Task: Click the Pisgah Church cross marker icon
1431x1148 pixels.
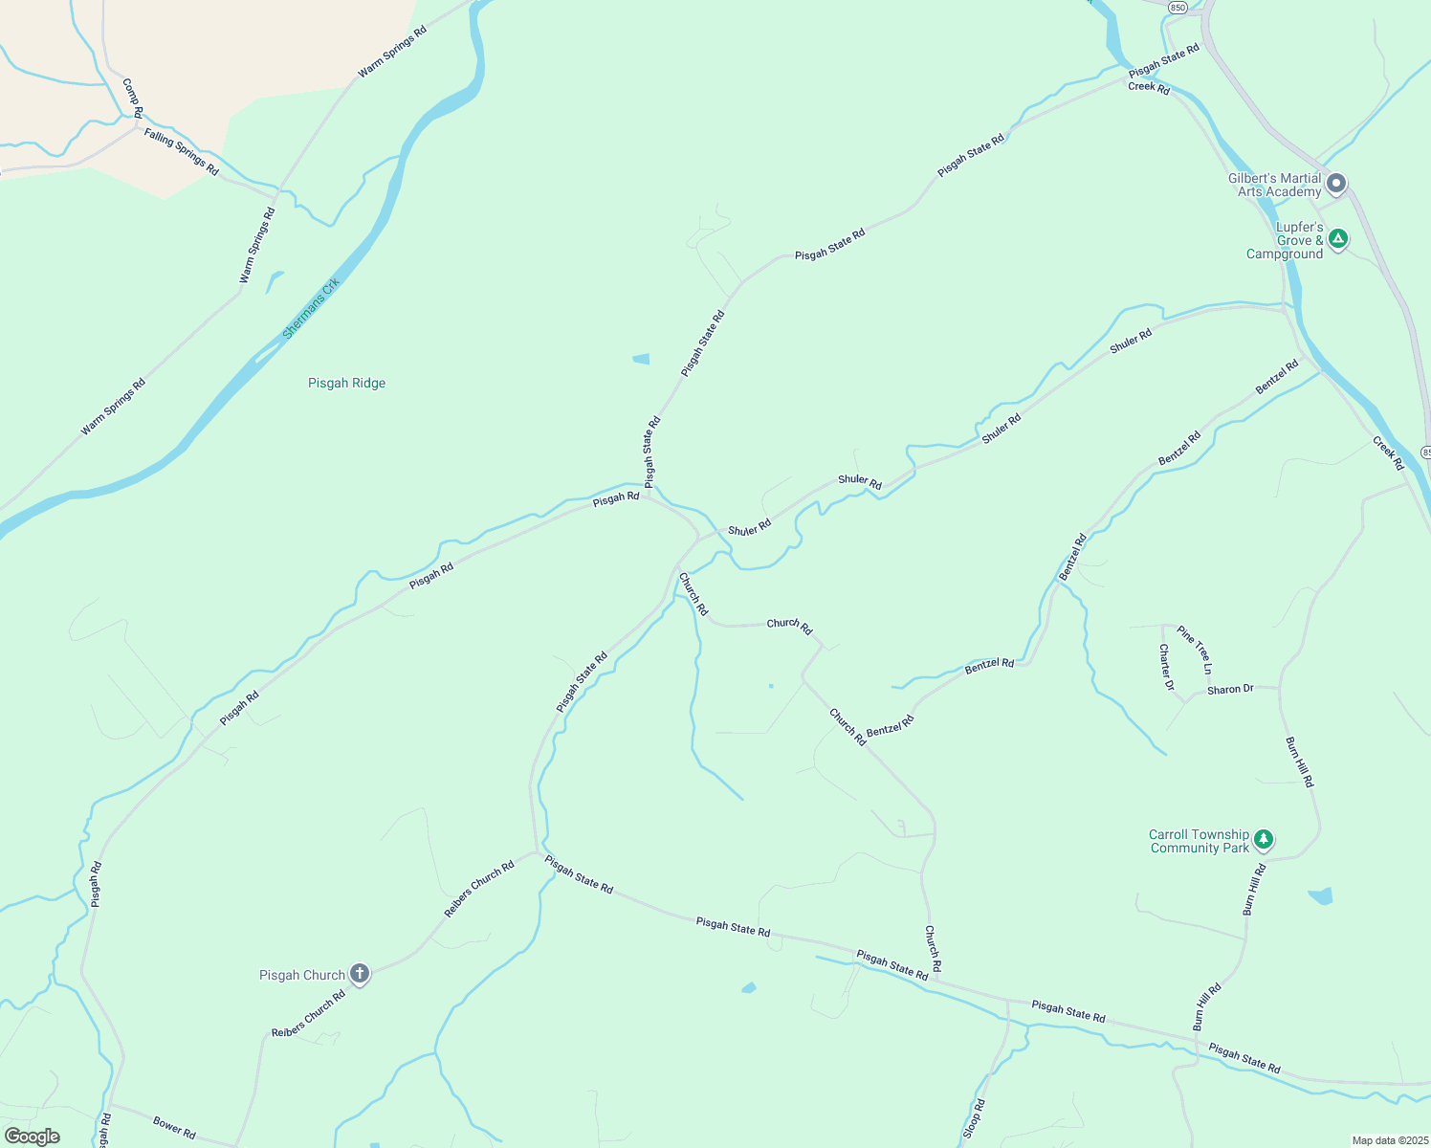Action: pyautogui.click(x=360, y=974)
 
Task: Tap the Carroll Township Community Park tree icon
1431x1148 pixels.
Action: pyautogui.click(x=1264, y=840)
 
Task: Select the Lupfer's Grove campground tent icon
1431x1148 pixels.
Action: pyautogui.click(x=1338, y=239)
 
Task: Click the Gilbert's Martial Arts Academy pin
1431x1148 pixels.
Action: pyautogui.click(x=1337, y=183)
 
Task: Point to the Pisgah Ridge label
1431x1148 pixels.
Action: pyautogui.click(x=346, y=383)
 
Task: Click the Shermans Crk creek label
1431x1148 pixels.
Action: pyautogui.click(x=311, y=308)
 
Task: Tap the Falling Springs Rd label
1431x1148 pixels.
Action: pyautogui.click(x=182, y=152)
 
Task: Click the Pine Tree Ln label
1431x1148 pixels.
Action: pyautogui.click(x=1195, y=649)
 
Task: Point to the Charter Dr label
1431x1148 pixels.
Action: pyautogui.click(x=1165, y=667)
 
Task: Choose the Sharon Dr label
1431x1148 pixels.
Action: pyautogui.click(x=1230, y=689)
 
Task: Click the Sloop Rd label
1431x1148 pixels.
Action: pyautogui.click(x=974, y=1118)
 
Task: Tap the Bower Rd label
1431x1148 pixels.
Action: pyautogui.click(x=174, y=1127)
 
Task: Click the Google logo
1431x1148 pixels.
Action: pyautogui.click(x=33, y=1137)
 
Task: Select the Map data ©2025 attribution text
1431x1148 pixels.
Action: pyautogui.click(x=1389, y=1140)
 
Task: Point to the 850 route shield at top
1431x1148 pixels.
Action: pyautogui.click(x=1178, y=7)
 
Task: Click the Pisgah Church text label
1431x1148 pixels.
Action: pyautogui.click(x=302, y=975)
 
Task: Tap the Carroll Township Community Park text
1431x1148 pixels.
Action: pyautogui.click(x=1200, y=841)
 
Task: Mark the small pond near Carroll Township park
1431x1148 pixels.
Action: pyautogui.click(x=1320, y=896)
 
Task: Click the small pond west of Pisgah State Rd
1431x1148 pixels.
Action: pyautogui.click(x=641, y=359)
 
